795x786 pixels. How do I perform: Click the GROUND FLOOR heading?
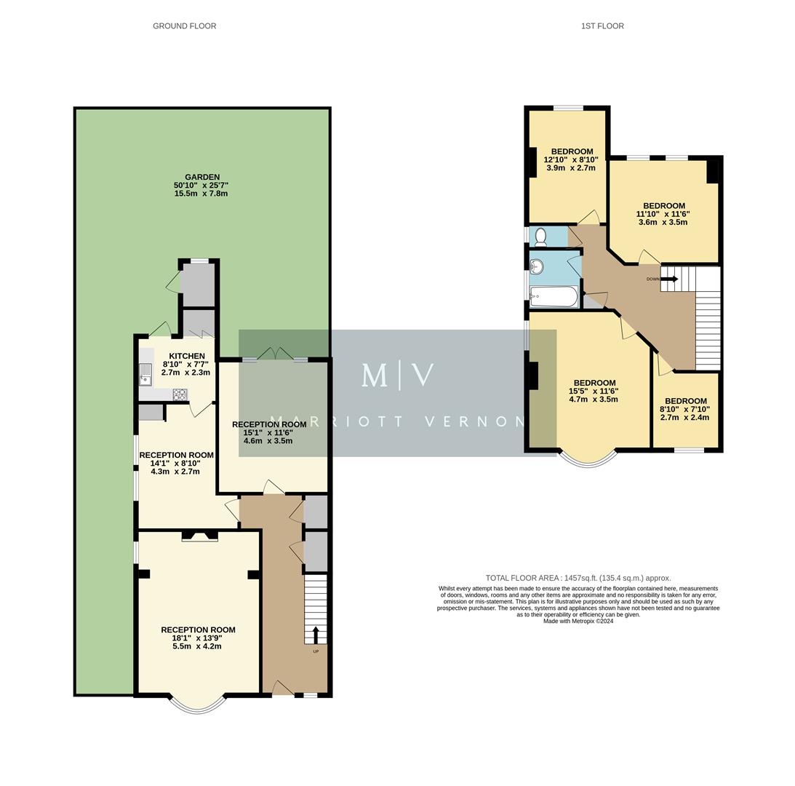tap(184, 26)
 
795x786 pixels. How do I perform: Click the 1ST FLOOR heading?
tap(602, 26)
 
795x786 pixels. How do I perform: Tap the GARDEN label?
tap(201, 177)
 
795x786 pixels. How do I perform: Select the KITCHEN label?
tap(187, 356)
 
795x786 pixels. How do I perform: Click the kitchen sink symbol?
tap(145, 374)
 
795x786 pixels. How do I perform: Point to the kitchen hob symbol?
tap(179, 394)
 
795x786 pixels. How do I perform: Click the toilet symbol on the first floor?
tap(540, 237)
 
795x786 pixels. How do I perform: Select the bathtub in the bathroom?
tap(554, 296)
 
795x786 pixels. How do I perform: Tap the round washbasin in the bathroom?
tap(538, 267)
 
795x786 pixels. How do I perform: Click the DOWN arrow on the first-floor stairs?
tap(669, 279)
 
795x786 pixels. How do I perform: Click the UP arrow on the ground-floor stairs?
tap(316, 635)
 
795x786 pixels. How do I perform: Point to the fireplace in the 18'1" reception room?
tap(199, 536)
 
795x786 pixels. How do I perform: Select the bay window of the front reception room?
tap(197, 704)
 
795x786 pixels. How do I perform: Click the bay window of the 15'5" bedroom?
tap(587, 458)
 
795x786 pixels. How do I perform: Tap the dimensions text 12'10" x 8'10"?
tap(571, 160)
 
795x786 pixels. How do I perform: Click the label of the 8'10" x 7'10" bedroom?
tap(685, 401)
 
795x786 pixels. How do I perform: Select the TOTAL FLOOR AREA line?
tap(578, 578)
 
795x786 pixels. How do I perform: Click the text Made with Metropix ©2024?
tap(578, 621)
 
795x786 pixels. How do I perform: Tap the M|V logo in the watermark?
tap(398, 376)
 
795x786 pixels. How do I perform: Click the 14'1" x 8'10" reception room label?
tap(176, 455)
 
